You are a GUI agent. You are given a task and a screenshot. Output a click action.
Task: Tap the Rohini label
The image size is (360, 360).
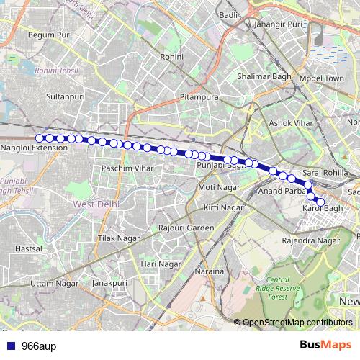[x=172, y=56]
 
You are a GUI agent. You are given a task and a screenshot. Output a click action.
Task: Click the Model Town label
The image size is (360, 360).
[x=322, y=78]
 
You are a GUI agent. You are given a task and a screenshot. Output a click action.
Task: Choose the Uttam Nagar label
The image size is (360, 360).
[x=55, y=284]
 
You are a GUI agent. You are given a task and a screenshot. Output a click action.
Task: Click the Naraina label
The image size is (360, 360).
[x=210, y=271]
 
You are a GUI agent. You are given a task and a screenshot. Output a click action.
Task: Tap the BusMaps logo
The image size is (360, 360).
[x=325, y=345]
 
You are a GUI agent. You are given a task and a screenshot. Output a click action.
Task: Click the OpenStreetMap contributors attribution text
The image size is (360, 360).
[x=297, y=322]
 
